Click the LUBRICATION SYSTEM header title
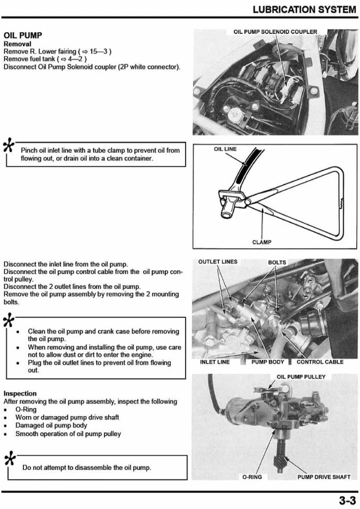click(x=304, y=10)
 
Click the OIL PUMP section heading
click(x=23, y=35)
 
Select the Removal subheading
click(x=17, y=44)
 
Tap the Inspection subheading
click(x=20, y=393)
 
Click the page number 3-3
click(x=347, y=500)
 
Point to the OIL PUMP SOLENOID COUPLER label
click(x=275, y=32)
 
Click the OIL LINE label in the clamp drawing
click(x=225, y=149)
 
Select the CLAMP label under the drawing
click(x=262, y=242)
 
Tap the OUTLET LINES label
click(x=218, y=262)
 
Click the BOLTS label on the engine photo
click(x=277, y=262)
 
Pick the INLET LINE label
click(x=215, y=362)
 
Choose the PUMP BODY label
click(x=268, y=362)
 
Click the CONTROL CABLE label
click(x=320, y=362)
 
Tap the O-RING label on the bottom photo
click(x=252, y=477)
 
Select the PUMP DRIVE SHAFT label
click(x=324, y=477)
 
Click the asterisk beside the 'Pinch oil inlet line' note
click(x=8, y=144)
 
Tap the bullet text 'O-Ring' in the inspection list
click(x=26, y=410)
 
